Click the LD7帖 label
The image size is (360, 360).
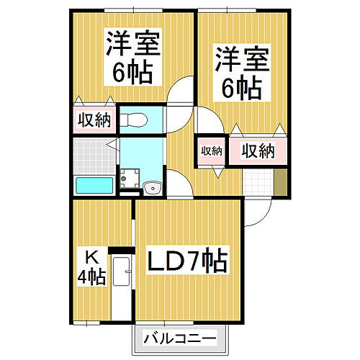pos(188,260)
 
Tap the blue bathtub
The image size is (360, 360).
pos(94,185)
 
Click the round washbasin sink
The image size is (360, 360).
pos(153,189)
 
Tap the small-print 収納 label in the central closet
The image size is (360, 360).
pos(211,150)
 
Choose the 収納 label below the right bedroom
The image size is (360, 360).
pos(258,150)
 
